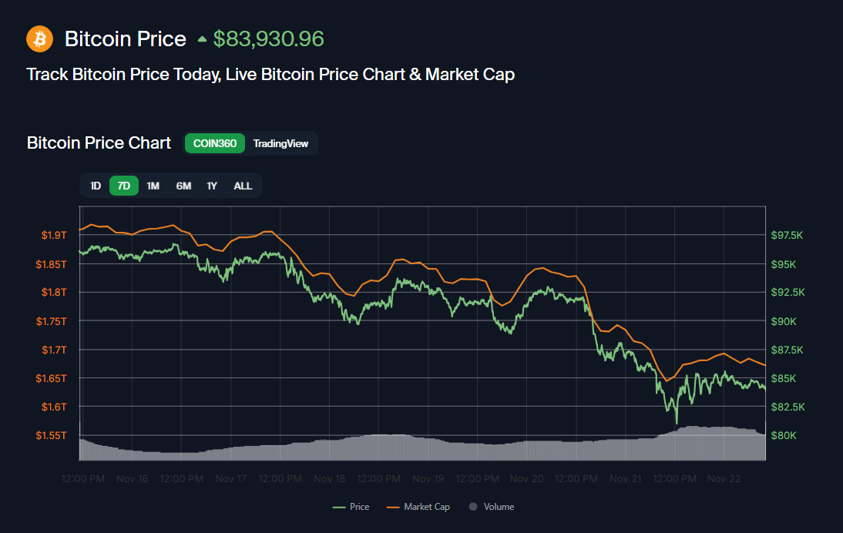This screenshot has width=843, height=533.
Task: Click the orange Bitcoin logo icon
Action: point(39,39)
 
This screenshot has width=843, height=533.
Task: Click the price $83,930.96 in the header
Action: point(268,39)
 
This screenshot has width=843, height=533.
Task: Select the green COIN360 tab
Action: point(214,143)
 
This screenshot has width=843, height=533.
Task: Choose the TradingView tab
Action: point(280,143)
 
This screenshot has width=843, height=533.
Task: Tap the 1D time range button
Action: point(96,186)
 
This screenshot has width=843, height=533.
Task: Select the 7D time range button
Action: point(124,186)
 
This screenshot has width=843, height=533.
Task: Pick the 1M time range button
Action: point(153,186)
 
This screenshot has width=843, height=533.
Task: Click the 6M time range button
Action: point(183,186)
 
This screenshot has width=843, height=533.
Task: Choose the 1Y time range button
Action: point(212,186)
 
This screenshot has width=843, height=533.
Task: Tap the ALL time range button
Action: point(243,186)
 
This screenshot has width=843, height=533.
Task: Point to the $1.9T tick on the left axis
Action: point(53,235)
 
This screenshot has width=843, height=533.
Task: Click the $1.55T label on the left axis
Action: point(51,435)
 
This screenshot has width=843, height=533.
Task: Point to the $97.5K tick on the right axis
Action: point(788,235)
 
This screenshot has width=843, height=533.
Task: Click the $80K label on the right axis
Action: point(784,435)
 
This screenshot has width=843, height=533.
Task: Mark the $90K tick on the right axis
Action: point(784,321)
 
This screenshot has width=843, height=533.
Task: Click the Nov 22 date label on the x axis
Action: point(724,478)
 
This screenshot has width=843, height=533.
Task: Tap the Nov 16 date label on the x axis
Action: point(132,478)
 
